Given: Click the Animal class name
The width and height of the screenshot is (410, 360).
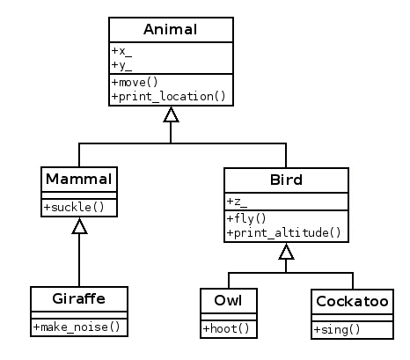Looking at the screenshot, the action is tap(171, 29).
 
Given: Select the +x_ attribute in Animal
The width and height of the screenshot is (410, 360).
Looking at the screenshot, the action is tap(121, 51).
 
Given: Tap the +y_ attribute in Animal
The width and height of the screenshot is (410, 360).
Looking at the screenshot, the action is tap(121, 65).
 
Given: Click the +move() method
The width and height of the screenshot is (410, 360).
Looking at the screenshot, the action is tap(135, 82).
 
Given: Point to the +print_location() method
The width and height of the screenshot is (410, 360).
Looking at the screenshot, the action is tap(169, 96).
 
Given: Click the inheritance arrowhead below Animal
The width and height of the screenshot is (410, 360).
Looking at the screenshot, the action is tap(171, 114).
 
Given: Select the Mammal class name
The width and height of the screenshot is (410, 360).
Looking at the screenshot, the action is tap(79, 179).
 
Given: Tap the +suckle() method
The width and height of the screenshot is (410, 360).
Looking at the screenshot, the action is tap(74, 207).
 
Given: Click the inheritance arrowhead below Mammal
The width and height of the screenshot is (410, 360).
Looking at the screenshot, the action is tap(79, 226).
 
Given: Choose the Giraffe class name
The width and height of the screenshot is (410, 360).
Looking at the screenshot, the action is tap(79, 298).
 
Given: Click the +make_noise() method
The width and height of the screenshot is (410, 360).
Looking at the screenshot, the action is tap(77, 327).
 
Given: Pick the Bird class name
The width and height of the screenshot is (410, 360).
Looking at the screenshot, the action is tap(286, 180).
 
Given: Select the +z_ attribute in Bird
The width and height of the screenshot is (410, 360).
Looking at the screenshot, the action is tap(237, 202).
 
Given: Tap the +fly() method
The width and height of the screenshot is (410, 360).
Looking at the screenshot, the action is tap(246, 218).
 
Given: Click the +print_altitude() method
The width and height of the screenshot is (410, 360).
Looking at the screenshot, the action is tap(284, 232).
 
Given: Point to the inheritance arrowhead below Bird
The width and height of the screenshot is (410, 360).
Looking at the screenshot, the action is tap(286, 252).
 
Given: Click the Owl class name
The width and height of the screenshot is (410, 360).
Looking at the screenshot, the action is tap(228, 300).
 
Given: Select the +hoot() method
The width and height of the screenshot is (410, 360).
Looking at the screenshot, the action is tap(226, 328).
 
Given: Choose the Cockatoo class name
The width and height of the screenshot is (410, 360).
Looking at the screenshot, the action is tap(352, 301).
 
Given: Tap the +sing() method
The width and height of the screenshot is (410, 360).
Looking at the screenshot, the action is tap(337, 330).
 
